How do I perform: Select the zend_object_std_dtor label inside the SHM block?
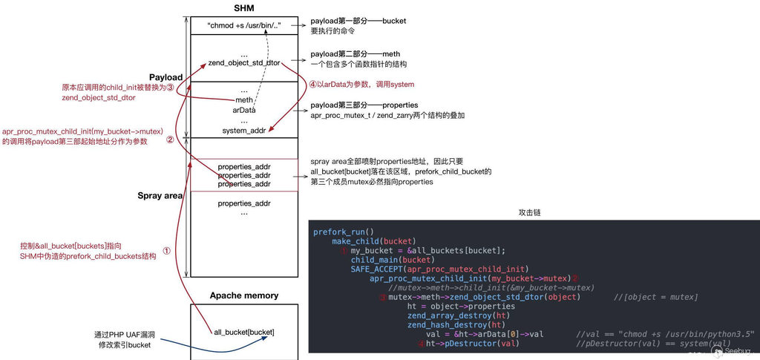pos(243,65)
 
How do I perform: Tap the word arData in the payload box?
pos(243,110)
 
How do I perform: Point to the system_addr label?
pos(243,131)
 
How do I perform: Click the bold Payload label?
pos(166,77)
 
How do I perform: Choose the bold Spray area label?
pos(160,196)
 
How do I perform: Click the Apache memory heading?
pos(243,295)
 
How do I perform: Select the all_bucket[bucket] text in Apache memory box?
pos(243,331)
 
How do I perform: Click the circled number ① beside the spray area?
pos(167,251)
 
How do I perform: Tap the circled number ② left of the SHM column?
pos(170,139)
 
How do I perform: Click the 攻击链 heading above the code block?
pos(530,212)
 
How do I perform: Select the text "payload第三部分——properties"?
pos(364,105)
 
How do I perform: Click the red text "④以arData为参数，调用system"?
pos(361,85)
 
